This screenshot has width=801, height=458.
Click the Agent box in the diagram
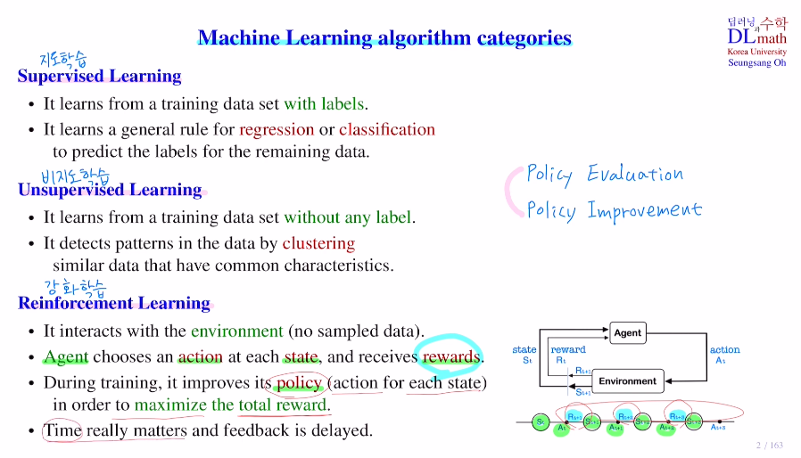point(627,332)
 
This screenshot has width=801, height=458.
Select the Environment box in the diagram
point(627,380)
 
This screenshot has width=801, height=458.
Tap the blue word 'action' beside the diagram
point(724,350)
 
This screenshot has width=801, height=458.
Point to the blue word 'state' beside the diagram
point(524,350)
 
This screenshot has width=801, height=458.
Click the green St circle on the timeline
point(540,421)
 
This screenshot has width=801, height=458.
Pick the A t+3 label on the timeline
point(718,428)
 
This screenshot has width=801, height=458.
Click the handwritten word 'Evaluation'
point(634,174)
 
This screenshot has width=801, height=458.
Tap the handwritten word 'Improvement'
point(644,211)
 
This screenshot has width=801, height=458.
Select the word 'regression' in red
point(277,129)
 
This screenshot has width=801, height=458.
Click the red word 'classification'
point(387,129)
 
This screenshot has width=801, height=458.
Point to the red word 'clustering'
point(318,243)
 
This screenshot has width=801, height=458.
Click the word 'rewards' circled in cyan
point(452,357)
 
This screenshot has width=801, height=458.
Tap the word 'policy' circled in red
point(299,382)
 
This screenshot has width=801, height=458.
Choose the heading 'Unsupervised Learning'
point(110,190)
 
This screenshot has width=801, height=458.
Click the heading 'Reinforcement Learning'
point(114,303)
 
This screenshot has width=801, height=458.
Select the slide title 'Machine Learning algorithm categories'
point(384,37)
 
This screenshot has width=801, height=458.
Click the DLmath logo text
point(756,37)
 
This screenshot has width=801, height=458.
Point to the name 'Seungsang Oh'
point(756,62)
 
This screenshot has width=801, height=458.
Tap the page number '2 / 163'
point(769,445)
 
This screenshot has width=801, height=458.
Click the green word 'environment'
point(236,331)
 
